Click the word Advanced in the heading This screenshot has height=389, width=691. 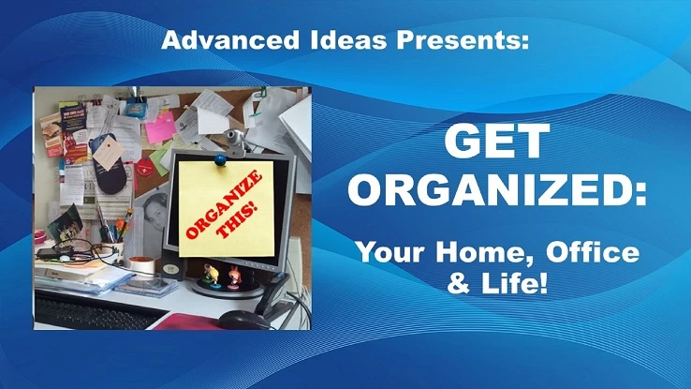pos(230,39)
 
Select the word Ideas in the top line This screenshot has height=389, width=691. pos(348,39)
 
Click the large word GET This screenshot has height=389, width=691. pos(497,141)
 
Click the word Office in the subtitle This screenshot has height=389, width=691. pos(593,252)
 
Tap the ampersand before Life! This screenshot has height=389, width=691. pos(459,284)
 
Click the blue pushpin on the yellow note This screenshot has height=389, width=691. pos(220,159)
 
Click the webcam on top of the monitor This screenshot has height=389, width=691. pos(235,138)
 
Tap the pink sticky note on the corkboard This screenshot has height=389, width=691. pos(161,127)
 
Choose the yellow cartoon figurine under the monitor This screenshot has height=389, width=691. pos(212,275)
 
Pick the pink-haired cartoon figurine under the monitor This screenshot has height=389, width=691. pos(234,277)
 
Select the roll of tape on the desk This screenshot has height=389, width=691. pos(141,264)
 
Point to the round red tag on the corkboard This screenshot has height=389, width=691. pos(145,168)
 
